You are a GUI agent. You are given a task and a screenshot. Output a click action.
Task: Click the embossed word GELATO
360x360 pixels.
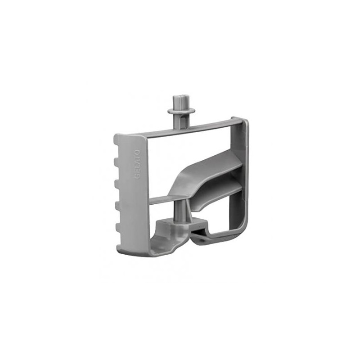click(x=138, y=164)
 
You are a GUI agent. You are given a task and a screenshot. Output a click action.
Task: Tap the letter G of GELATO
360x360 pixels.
click(x=137, y=177)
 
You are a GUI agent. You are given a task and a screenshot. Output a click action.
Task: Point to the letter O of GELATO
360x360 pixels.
click(x=138, y=152)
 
